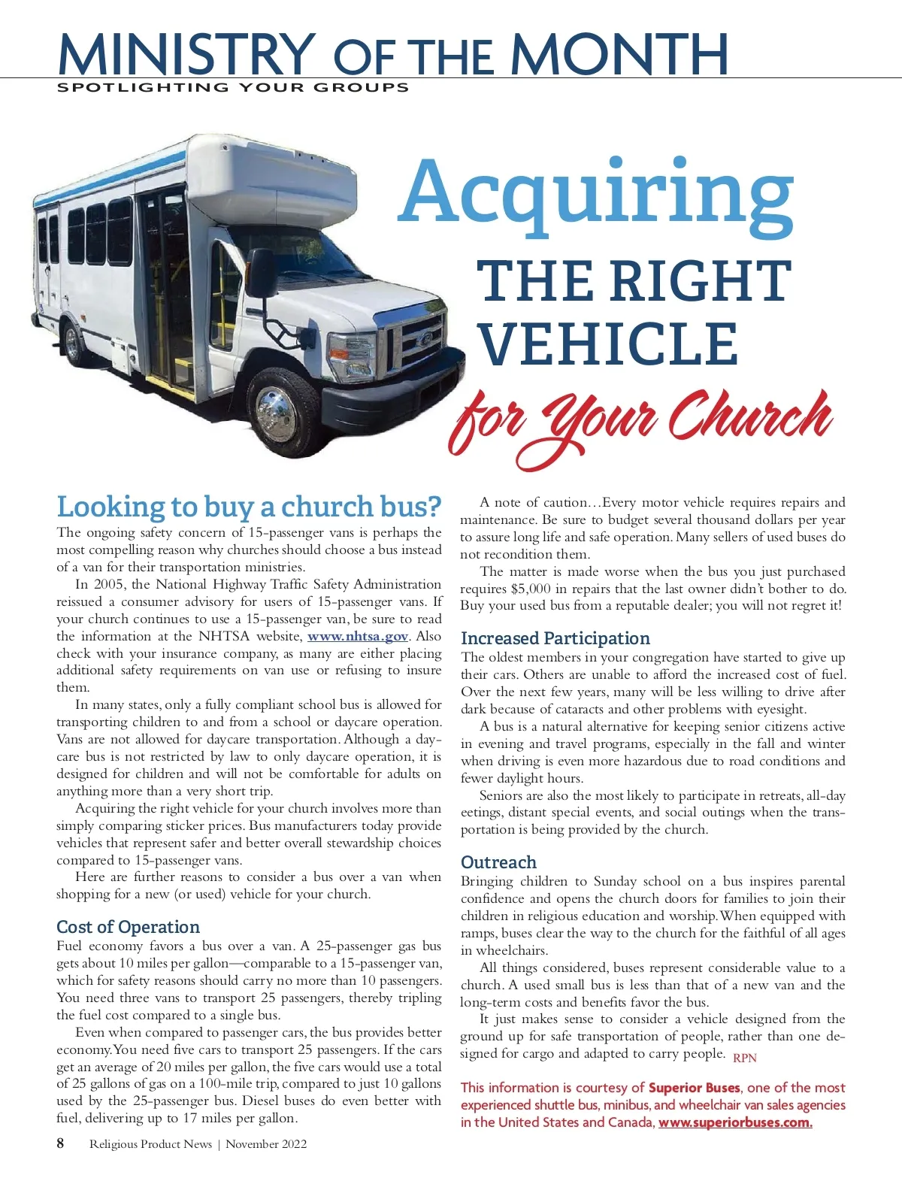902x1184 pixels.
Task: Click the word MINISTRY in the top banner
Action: click(x=186, y=54)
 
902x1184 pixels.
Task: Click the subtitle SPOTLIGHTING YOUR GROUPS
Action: click(x=233, y=87)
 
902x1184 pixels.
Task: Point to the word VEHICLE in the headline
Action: click(x=609, y=343)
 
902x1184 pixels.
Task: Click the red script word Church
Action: click(x=750, y=418)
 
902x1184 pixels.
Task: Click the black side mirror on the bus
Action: click(x=263, y=272)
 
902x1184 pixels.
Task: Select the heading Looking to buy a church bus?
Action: click(x=249, y=507)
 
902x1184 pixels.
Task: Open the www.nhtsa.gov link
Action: click(x=358, y=636)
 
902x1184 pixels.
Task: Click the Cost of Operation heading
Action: click(x=129, y=927)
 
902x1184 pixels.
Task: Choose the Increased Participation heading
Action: click(x=555, y=638)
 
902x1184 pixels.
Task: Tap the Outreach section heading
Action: click(x=498, y=862)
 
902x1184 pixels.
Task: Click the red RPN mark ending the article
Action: click(x=745, y=1058)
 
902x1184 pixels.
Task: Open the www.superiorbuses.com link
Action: click(x=735, y=1122)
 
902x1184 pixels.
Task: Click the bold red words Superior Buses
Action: click(x=695, y=1088)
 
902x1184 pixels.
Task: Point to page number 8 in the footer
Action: click(x=61, y=1143)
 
